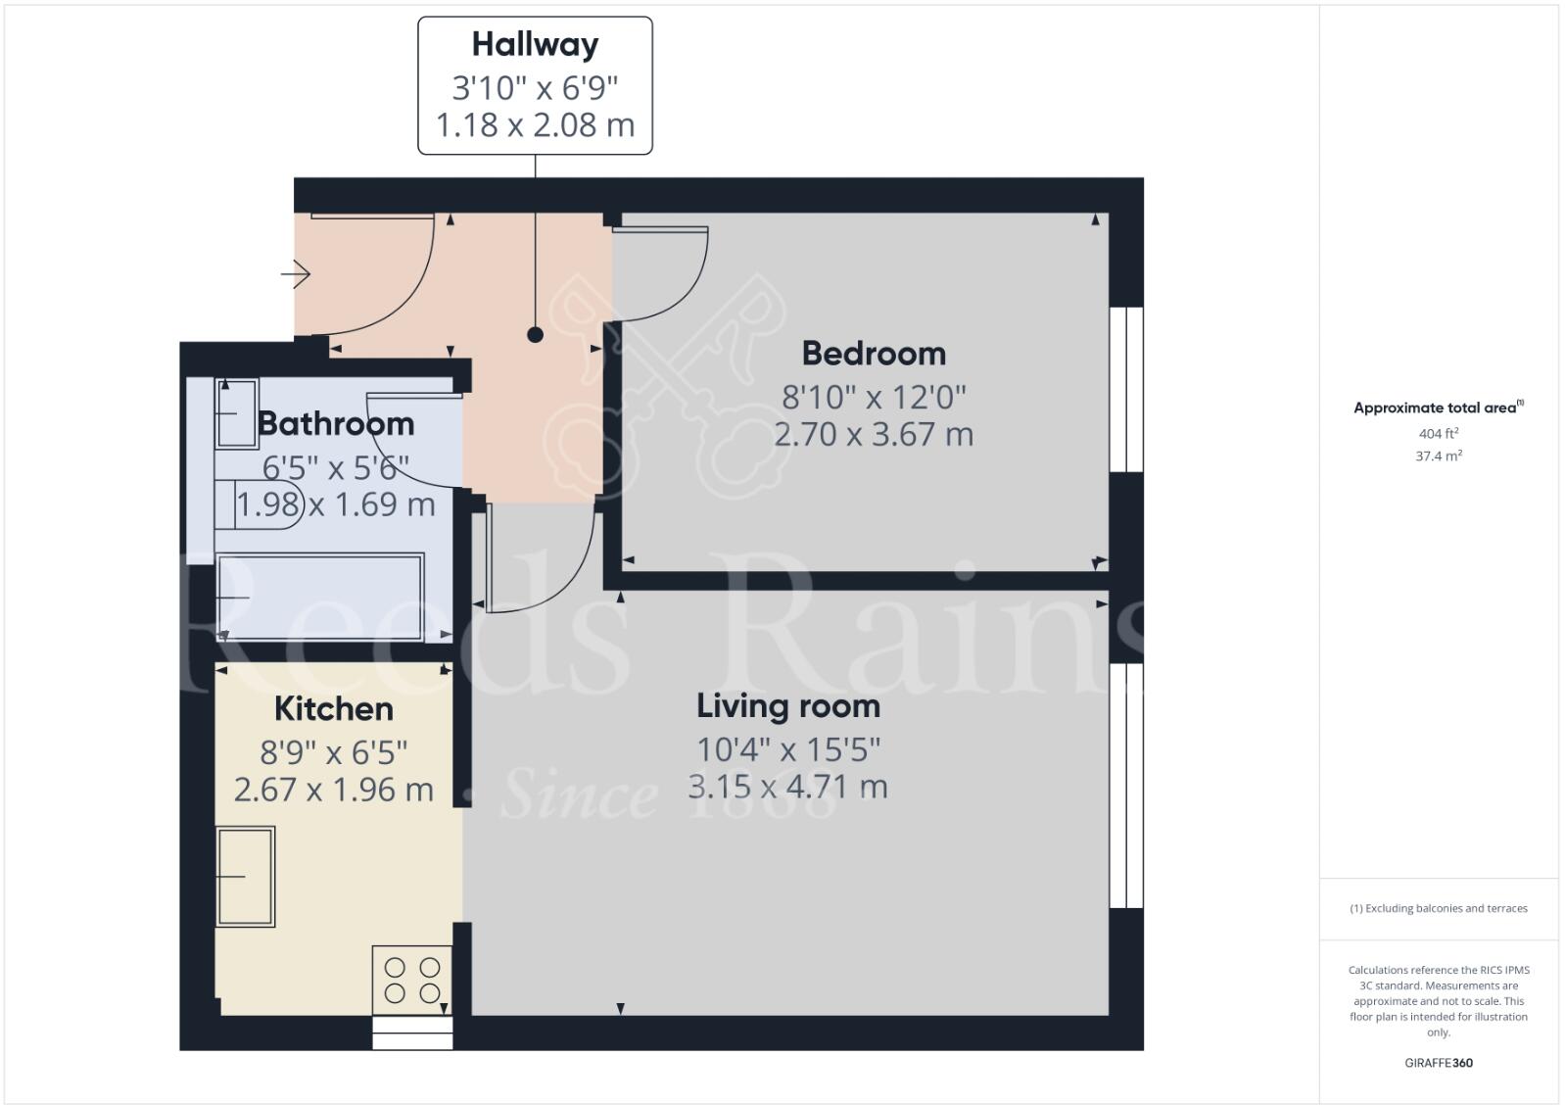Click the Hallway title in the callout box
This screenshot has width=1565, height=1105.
[x=535, y=45]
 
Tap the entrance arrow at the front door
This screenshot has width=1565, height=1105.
[x=296, y=274]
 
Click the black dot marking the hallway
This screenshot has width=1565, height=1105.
[x=535, y=335]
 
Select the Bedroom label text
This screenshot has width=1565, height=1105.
[x=874, y=354]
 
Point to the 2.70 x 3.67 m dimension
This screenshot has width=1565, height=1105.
[x=874, y=434]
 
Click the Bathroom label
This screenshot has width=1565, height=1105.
[x=336, y=424]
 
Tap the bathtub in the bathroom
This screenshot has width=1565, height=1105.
[x=320, y=598]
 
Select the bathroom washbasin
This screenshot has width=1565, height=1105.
[x=236, y=413]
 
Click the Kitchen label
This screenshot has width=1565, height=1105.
[x=333, y=709]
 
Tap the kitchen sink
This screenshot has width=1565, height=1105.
[x=246, y=877]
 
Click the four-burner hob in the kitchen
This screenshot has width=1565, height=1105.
[x=412, y=980]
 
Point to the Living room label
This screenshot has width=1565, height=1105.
[x=788, y=706]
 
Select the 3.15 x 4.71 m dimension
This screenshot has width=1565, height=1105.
[x=788, y=787]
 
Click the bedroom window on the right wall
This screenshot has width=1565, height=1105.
[x=1126, y=390]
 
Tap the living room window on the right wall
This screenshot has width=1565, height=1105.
[x=1126, y=786]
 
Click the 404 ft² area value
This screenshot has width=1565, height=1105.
[x=1439, y=433]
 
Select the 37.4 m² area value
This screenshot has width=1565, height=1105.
[x=1439, y=456]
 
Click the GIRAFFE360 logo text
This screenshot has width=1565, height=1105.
[x=1439, y=1063]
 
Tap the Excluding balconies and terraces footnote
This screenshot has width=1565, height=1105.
[x=1439, y=908]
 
